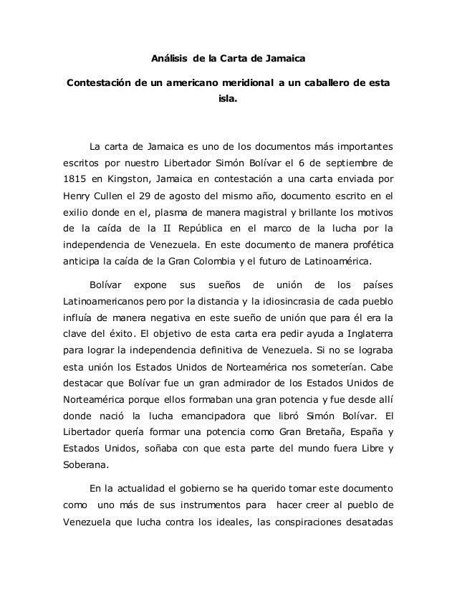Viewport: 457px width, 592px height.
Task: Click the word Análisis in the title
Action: (x=170, y=57)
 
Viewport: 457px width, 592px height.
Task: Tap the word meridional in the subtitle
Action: (x=249, y=82)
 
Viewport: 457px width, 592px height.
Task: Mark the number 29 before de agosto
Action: (x=158, y=196)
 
